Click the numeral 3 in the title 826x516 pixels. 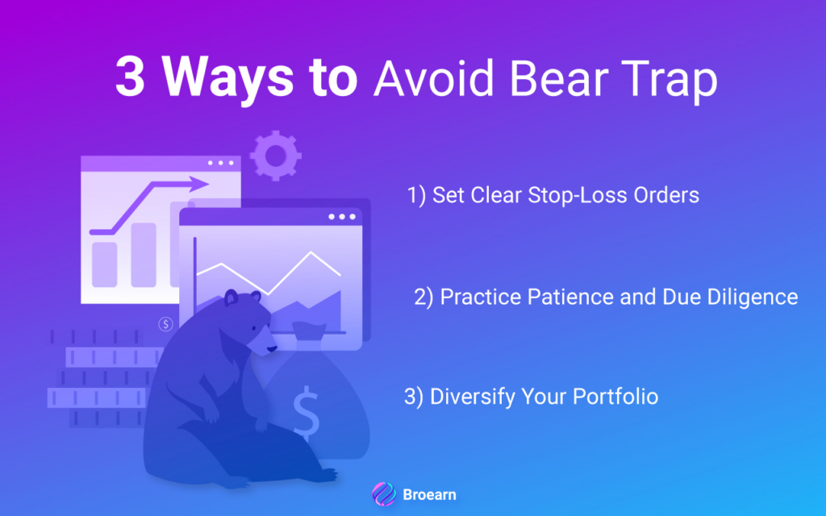pyautogui.click(x=130, y=77)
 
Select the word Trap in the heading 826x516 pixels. pyautogui.click(x=669, y=81)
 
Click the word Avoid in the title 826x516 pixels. pyautogui.click(x=433, y=78)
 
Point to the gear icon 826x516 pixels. pyautogui.click(x=276, y=156)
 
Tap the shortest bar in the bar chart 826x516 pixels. pyautogui.click(x=104, y=264)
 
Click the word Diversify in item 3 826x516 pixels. pyautogui.click(x=473, y=397)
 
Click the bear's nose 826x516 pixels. pyautogui.click(x=272, y=348)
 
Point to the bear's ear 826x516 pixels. pyautogui.click(x=232, y=298)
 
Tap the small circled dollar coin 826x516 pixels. pyautogui.click(x=166, y=324)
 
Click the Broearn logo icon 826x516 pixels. pyautogui.click(x=384, y=494)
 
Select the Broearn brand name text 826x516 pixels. pyautogui.click(x=429, y=494)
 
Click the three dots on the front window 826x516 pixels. pyautogui.click(x=342, y=217)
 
